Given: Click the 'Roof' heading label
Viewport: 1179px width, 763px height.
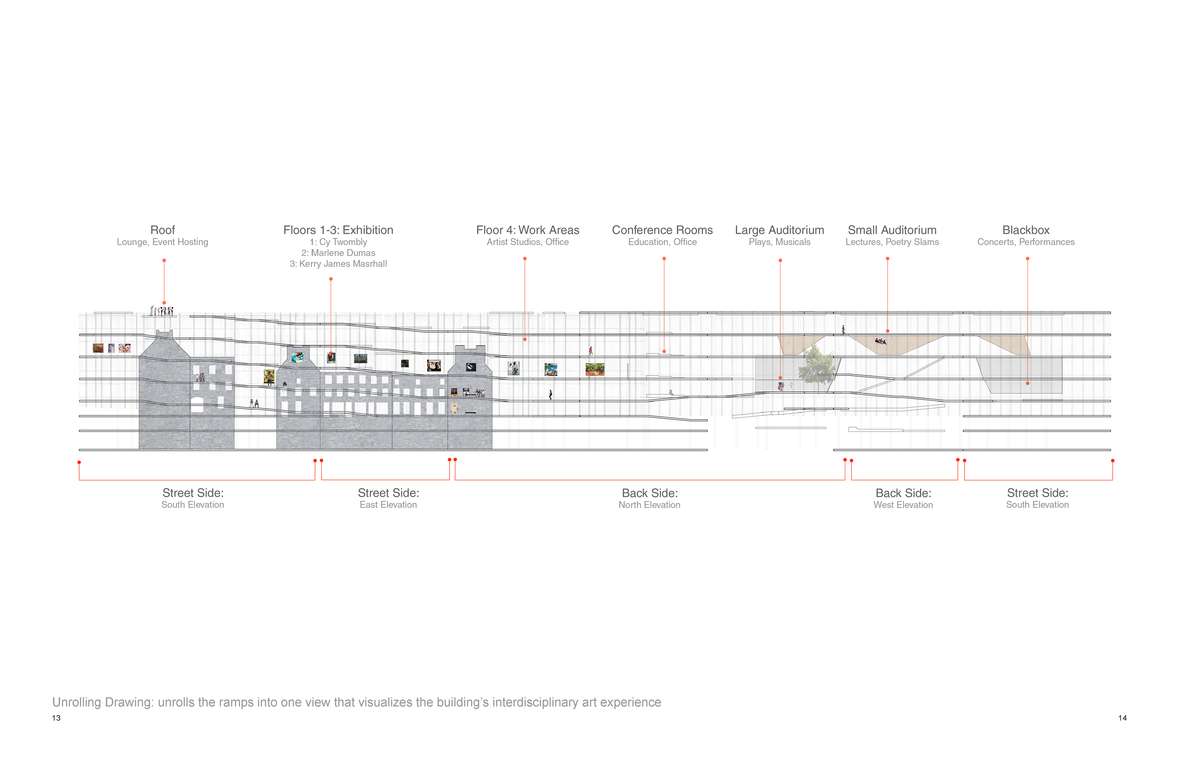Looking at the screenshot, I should click(x=162, y=230).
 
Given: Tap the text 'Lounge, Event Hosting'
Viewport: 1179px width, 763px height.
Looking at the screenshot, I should click(x=162, y=242).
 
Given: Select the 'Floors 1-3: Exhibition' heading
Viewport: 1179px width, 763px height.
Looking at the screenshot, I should click(x=338, y=230).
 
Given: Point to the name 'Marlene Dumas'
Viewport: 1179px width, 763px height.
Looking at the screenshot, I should click(x=343, y=253).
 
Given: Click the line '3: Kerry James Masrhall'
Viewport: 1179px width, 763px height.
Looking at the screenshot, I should click(x=338, y=263).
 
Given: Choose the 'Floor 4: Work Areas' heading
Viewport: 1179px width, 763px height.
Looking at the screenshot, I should click(x=527, y=230).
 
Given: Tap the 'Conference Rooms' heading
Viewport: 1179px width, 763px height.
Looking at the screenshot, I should click(x=662, y=230).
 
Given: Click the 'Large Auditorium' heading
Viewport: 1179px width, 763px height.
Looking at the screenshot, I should click(x=779, y=230).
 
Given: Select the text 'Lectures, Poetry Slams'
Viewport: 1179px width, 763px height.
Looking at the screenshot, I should click(x=892, y=242).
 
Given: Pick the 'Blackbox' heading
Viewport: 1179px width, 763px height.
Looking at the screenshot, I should click(x=1026, y=230).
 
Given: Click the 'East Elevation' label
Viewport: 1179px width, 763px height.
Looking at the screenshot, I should click(x=388, y=504).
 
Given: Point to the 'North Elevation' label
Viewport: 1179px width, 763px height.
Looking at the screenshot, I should click(x=649, y=505).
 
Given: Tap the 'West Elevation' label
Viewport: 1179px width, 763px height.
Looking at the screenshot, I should click(x=903, y=505).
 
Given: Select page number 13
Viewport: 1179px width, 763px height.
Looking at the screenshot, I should click(x=56, y=718).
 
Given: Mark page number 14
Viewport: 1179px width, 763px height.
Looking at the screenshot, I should click(x=1123, y=718).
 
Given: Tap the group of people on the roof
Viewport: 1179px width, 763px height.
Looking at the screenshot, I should click(x=162, y=311).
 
